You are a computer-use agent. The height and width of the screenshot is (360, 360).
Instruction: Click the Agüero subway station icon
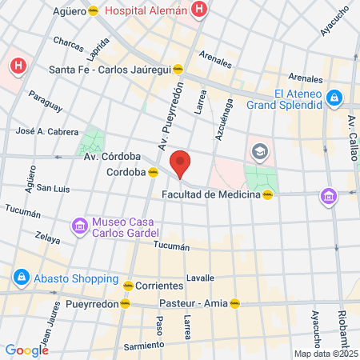coord(94,12)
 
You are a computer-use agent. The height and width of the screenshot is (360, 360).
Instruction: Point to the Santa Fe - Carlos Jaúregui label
coord(110,69)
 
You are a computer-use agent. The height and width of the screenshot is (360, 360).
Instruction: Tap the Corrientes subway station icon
coord(127,285)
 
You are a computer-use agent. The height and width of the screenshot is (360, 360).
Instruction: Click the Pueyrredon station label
coord(98,304)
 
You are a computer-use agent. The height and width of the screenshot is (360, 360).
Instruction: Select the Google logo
coord(26,350)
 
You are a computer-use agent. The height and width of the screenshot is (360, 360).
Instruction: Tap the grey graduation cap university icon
coord(260,150)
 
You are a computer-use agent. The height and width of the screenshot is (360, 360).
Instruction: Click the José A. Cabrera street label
coord(47,130)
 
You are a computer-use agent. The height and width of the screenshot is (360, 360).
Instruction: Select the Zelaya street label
coord(48,237)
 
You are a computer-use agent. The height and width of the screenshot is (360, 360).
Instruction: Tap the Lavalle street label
coord(200,278)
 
